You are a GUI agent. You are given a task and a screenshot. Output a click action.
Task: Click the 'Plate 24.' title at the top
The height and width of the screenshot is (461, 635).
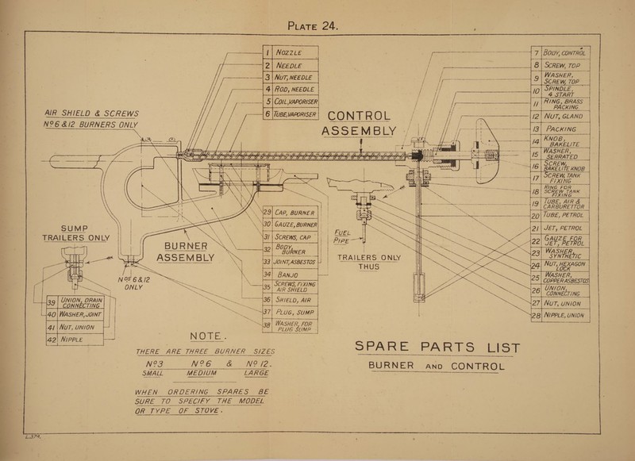pos(317,29)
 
